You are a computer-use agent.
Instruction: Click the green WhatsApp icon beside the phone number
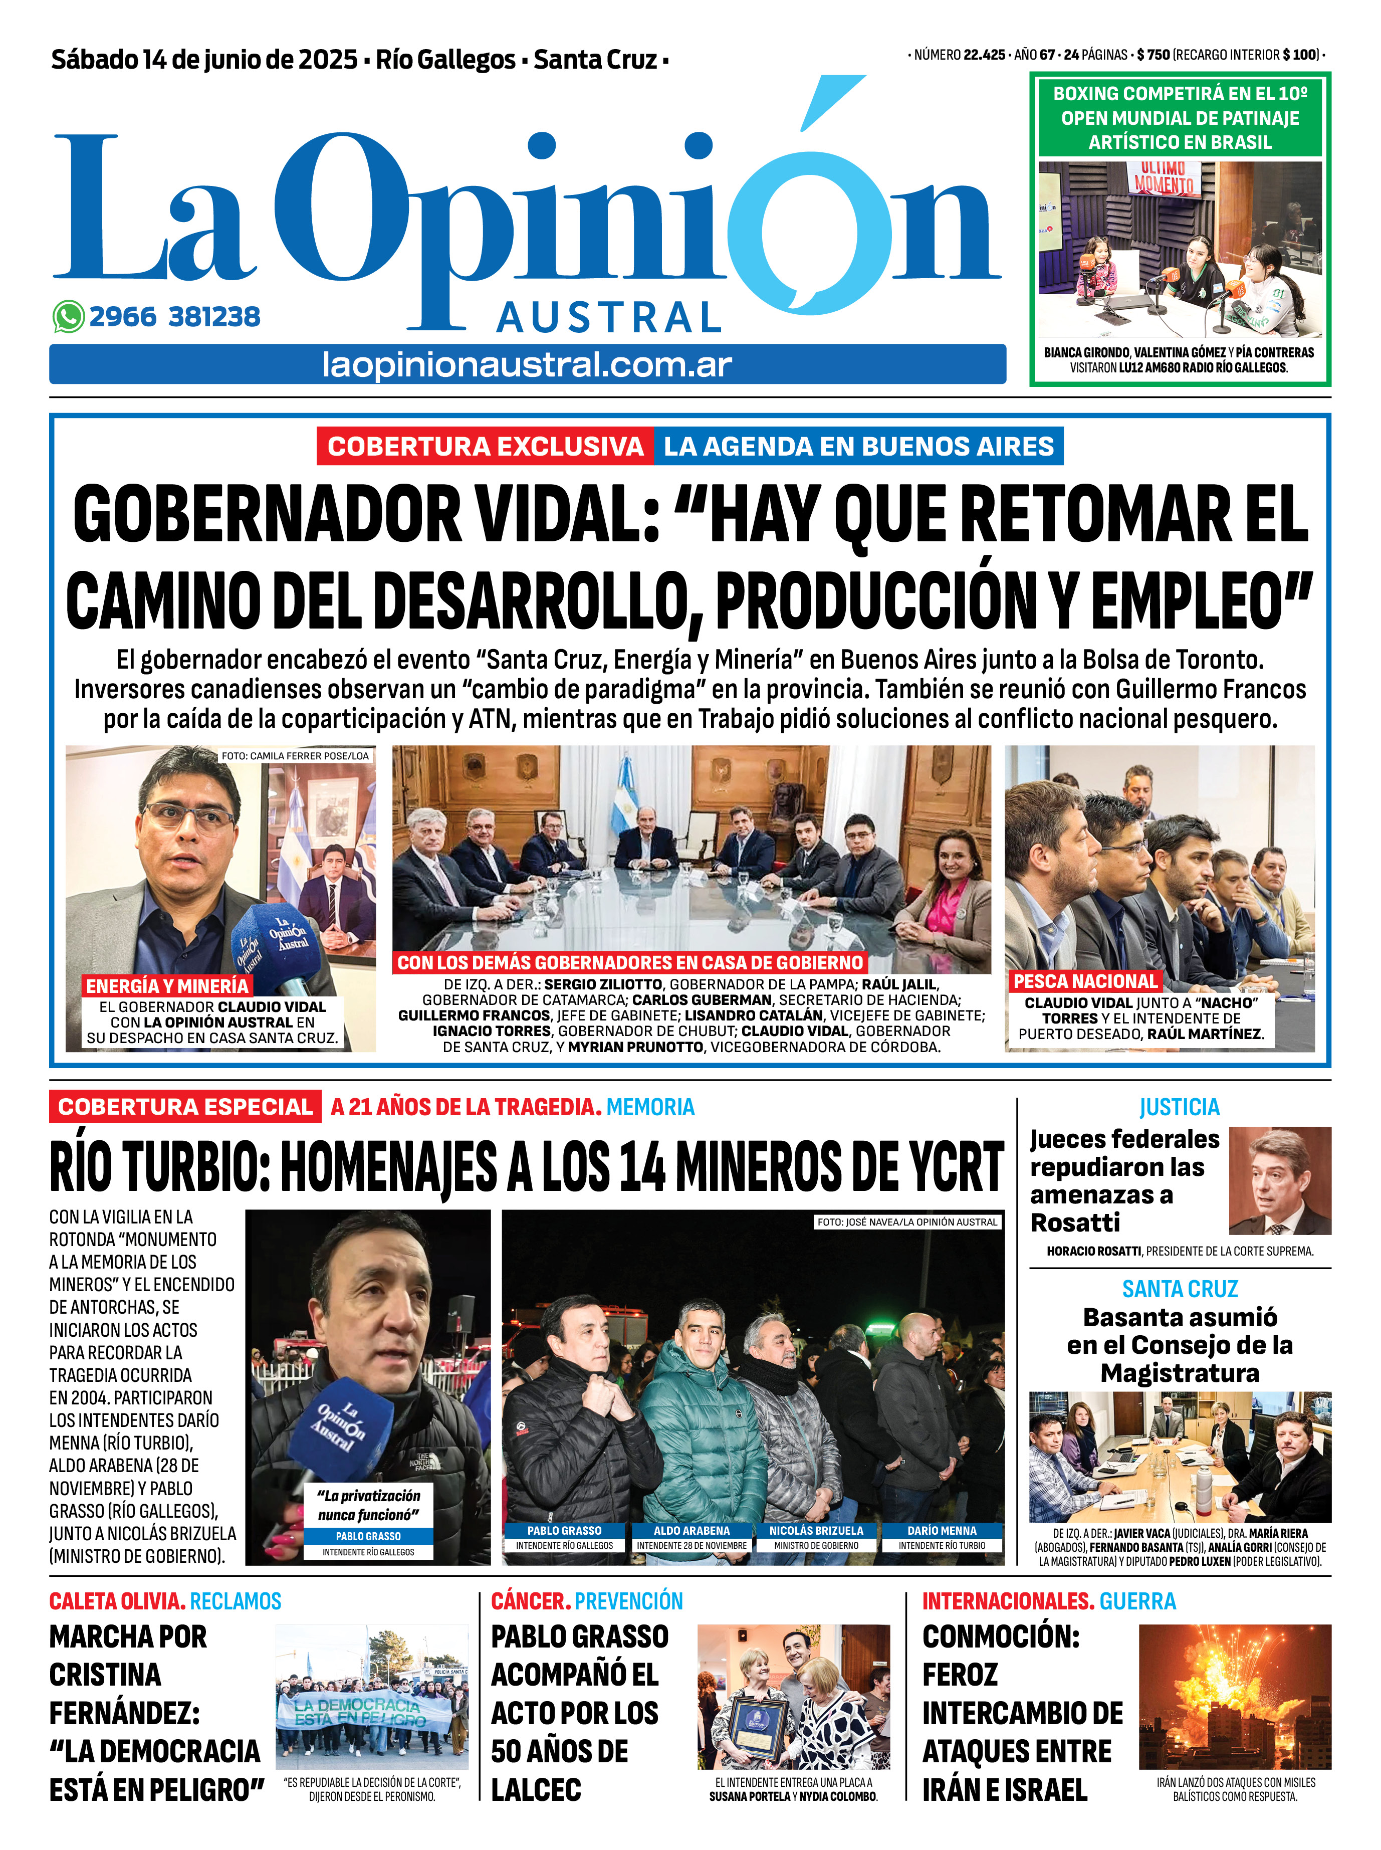click(x=69, y=317)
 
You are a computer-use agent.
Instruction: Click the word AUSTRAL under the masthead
click(x=609, y=318)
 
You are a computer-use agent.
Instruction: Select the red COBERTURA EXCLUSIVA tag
click(x=485, y=447)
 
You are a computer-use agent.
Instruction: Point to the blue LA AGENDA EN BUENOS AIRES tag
click(x=858, y=447)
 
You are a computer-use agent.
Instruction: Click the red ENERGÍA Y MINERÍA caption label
click(x=167, y=985)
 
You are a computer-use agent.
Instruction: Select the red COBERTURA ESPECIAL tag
click(x=185, y=1107)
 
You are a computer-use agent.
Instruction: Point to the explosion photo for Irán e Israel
click(x=1234, y=1697)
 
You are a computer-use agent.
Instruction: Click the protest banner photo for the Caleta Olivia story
click(x=371, y=1697)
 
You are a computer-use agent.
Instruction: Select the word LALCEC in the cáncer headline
click(x=536, y=1790)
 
